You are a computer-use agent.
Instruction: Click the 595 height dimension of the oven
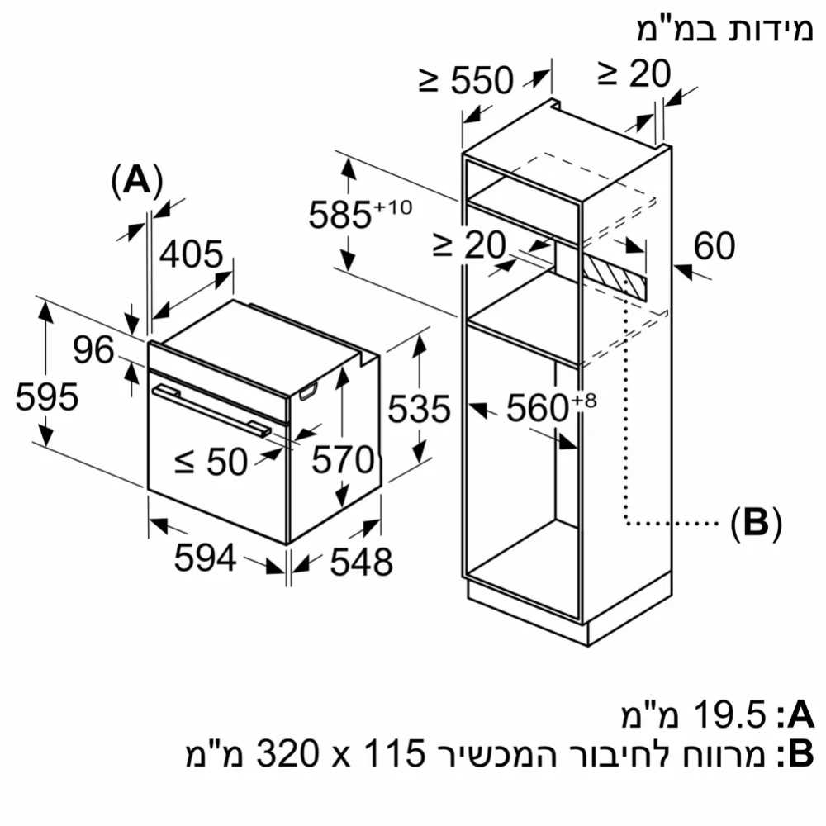47,397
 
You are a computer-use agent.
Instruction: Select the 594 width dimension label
205,560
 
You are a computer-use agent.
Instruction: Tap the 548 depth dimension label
360,563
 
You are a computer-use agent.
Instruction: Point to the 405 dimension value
191,256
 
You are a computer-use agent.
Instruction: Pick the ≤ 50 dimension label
211,463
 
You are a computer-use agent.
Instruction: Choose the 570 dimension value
342,461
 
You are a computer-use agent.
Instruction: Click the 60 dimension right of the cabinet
714,246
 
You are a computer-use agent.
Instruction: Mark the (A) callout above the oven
135,181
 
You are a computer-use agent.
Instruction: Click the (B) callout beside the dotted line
755,523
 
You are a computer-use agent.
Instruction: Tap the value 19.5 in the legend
720,715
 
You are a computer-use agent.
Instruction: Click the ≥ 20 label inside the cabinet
468,245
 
